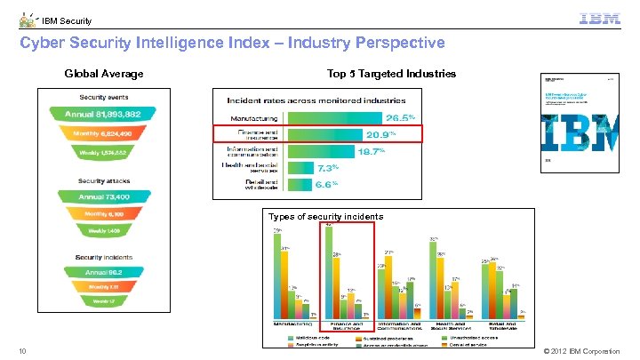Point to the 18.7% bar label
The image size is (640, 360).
[x=372, y=152]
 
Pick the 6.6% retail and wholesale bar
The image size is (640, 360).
[x=299, y=184]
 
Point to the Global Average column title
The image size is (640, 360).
[x=103, y=74]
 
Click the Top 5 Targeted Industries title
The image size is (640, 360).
[x=391, y=74]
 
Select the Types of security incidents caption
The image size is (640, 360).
[x=325, y=216]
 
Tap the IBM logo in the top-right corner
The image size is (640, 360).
[x=600, y=19]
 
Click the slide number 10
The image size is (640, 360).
[x=22, y=352]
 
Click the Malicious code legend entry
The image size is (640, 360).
[x=311, y=337]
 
